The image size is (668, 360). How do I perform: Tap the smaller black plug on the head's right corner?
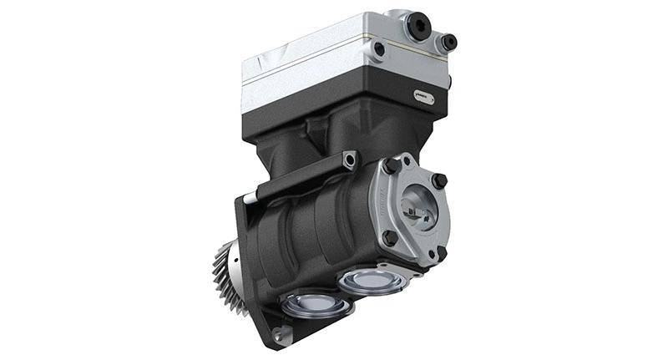[x=449, y=41]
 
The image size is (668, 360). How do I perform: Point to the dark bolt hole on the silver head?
[x=380, y=49]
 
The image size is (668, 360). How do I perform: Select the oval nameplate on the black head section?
[x=424, y=97]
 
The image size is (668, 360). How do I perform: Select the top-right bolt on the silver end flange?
[x=439, y=179]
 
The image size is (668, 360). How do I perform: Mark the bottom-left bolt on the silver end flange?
[x=390, y=237]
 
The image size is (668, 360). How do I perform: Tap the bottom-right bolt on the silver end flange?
[x=441, y=251]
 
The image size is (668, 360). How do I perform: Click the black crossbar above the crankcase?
[x=301, y=177]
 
